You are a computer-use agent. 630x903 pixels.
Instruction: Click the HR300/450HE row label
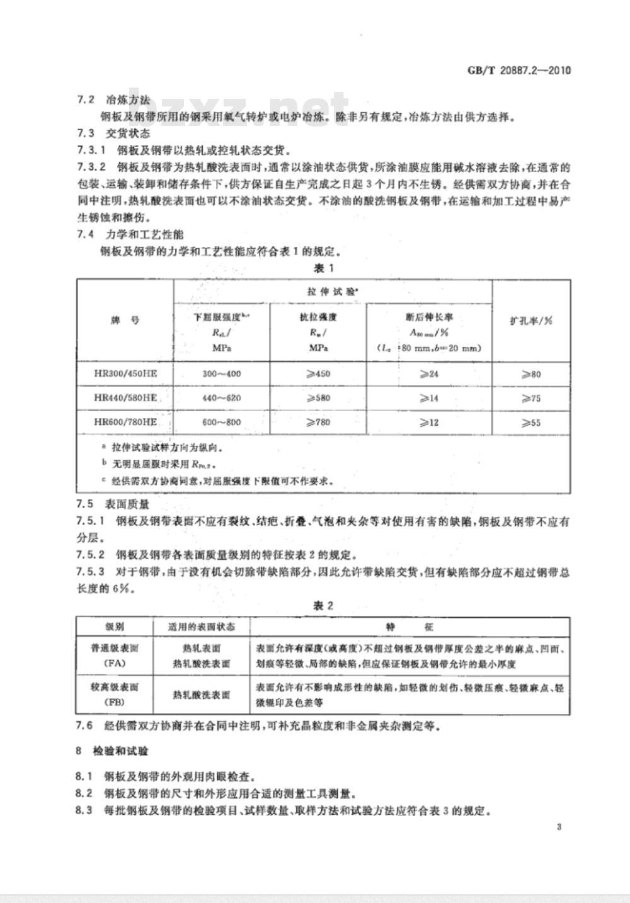pyautogui.click(x=125, y=373)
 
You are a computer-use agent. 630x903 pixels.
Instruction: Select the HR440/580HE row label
pyautogui.click(x=125, y=398)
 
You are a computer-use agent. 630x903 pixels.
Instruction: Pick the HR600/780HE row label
pyautogui.click(x=125, y=422)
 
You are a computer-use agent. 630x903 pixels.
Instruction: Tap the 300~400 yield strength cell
pyautogui.click(x=221, y=374)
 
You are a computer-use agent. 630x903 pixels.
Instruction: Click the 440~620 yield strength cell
pyautogui.click(x=221, y=398)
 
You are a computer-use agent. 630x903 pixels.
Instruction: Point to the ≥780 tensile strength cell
pyautogui.click(x=318, y=423)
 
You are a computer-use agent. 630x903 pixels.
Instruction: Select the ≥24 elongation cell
pyautogui.click(x=429, y=374)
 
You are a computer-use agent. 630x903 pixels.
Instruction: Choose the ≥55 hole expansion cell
pyautogui.click(x=531, y=423)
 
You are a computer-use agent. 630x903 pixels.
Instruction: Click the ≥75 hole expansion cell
pyautogui.click(x=531, y=398)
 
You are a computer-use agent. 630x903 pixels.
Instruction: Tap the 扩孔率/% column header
pyautogui.click(x=531, y=320)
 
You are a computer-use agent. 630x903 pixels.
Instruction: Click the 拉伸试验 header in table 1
pyautogui.click(x=333, y=291)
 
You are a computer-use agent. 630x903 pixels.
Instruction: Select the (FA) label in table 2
pyautogui.click(x=115, y=664)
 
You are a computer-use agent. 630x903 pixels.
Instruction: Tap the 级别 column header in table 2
pyautogui.click(x=115, y=627)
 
